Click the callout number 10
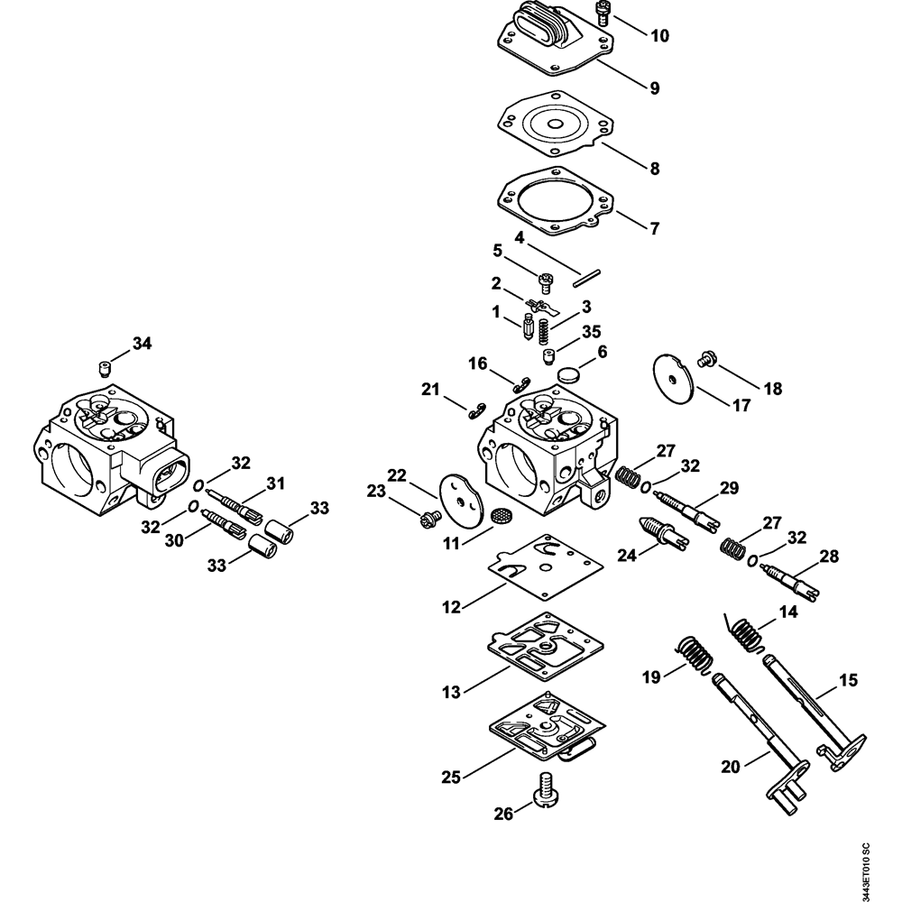click(x=660, y=36)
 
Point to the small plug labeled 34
click(x=104, y=368)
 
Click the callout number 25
click(x=451, y=778)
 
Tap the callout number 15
click(x=849, y=679)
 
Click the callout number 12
click(x=451, y=606)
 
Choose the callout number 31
click(x=275, y=483)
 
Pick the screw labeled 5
click(x=545, y=283)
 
